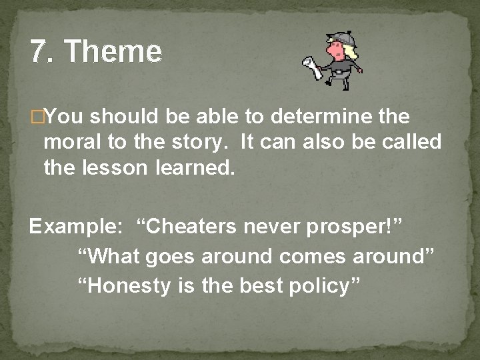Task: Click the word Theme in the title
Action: point(114,51)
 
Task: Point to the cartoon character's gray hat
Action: point(333,39)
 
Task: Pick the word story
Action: point(191,143)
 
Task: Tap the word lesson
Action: point(121,168)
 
